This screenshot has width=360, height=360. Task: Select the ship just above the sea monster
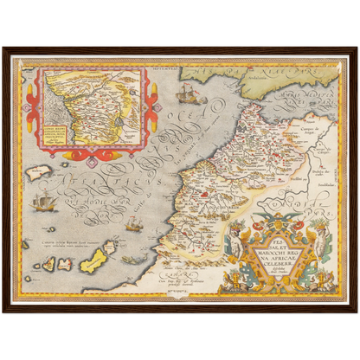(x=132, y=223)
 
